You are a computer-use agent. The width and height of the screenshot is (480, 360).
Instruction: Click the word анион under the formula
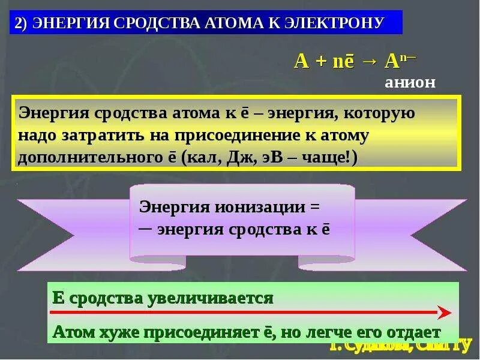click(x=410, y=83)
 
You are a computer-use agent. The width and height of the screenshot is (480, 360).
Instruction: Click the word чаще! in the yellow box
click(x=335, y=157)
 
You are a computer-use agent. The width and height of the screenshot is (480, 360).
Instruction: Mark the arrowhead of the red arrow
click(x=444, y=313)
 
